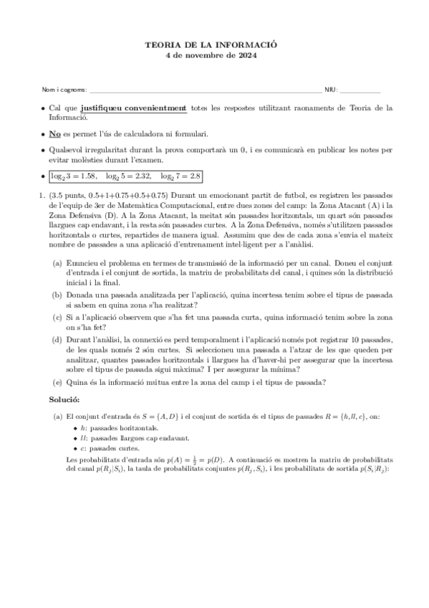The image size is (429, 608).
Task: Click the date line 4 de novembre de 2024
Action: [x=215, y=54]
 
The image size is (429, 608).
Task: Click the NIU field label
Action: [x=331, y=90]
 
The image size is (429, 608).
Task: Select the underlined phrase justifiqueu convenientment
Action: [x=133, y=108]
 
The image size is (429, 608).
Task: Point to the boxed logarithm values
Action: [x=126, y=176]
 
